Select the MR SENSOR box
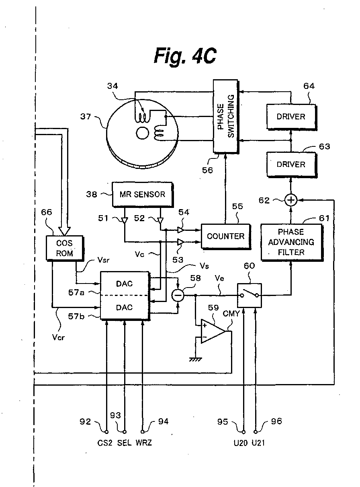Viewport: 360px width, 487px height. point(142,194)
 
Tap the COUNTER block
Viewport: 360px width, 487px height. point(226,236)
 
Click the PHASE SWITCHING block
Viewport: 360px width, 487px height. point(226,116)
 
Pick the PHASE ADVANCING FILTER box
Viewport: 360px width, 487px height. point(291,242)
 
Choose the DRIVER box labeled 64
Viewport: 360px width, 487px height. point(291,117)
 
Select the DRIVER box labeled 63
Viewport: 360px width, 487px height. point(291,164)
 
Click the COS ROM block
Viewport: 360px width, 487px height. point(65,248)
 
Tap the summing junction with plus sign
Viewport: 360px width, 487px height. point(291,200)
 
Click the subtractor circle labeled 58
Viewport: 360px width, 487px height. point(178,296)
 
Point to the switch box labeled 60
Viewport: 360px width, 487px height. point(250,296)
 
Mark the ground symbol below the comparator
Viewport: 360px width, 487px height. point(195,360)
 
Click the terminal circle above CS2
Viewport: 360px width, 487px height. point(106,432)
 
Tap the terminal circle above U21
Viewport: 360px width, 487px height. point(256,432)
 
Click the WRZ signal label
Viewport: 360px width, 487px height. point(144,442)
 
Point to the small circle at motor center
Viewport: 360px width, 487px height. point(142,133)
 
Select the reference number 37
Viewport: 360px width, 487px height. point(85,116)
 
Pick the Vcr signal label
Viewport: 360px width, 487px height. point(58,337)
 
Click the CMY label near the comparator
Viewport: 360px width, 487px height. point(231,314)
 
